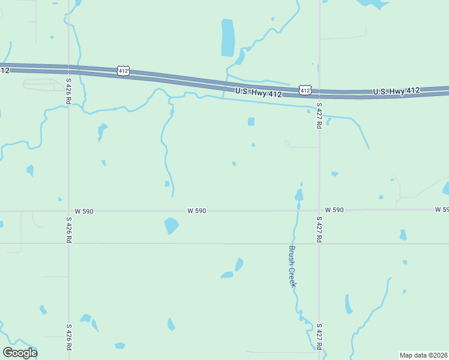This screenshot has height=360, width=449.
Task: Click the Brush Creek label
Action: (292, 266)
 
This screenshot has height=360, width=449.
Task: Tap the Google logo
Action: (20, 352)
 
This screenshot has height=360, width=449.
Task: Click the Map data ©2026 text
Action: (424, 355)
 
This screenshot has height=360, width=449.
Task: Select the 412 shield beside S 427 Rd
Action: (305, 90)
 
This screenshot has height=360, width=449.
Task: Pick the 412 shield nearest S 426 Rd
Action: (122, 71)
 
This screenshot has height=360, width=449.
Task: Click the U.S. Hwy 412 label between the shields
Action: (258, 92)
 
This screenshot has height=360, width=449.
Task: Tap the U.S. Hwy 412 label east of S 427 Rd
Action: (396, 91)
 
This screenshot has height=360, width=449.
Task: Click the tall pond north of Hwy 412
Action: (228, 37)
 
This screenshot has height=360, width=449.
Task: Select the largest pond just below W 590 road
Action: (171, 226)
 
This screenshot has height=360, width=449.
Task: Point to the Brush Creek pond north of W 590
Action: (298, 194)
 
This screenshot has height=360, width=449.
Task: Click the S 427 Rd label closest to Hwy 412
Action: (319, 115)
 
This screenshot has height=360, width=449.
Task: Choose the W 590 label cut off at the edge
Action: (442, 209)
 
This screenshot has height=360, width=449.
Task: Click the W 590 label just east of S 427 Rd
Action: (334, 210)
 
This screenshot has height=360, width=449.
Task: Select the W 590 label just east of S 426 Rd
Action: (86, 211)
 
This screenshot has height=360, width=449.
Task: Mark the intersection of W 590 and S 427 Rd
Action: (319, 210)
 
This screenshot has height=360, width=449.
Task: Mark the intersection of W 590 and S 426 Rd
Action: (69, 211)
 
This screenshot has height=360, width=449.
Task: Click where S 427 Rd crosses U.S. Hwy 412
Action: (319, 94)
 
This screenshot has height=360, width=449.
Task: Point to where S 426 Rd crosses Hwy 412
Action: (69, 71)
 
